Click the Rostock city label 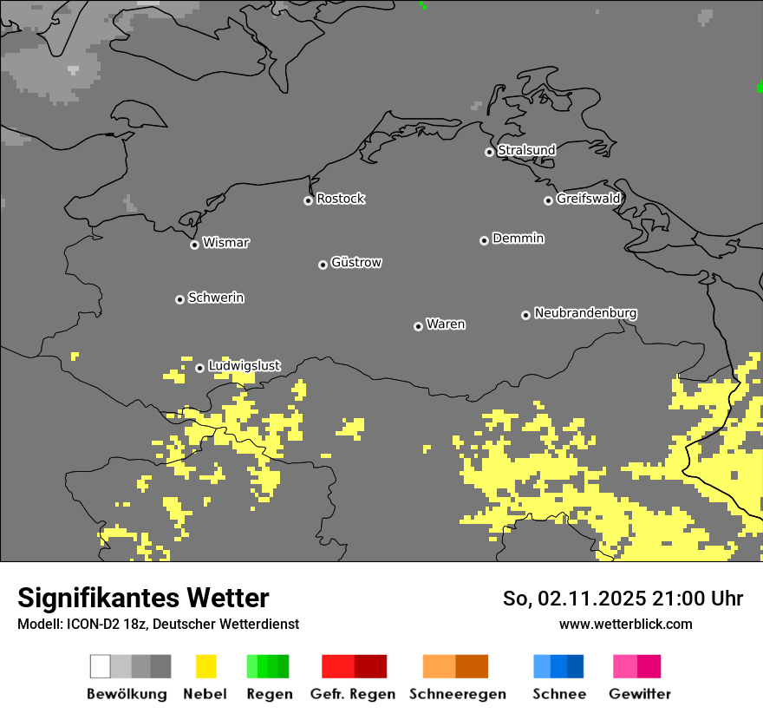tap(341, 200)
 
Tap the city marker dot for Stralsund tap(489, 152)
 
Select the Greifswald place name tap(589, 199)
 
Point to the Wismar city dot tap(194, 245)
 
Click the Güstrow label tap(356, 263)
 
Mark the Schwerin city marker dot tap(179, 299)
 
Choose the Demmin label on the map tap(518, 239)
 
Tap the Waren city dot tap(418, 326)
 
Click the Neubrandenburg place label tap(586, 313)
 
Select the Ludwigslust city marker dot tap(199, 368)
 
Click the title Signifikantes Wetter tap(143, 599)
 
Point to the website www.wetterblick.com tap(625, 625)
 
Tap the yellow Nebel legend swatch tap(205, 666)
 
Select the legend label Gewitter tap(640, 694)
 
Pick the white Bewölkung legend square tap(101, 666)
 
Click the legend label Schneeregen tap(458, 694)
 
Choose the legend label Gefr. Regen tap(353, 694)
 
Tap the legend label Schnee tap(559, 694)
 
